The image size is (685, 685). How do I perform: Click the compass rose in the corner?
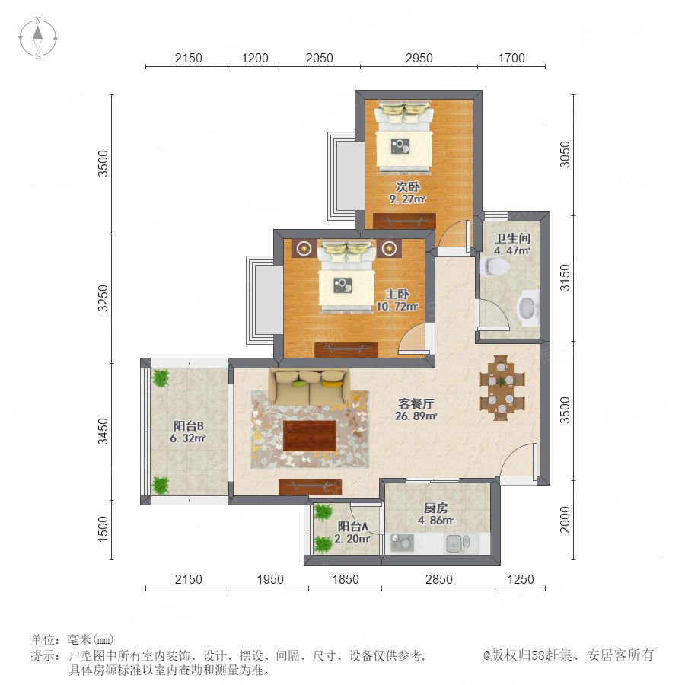click(x=38, y=37)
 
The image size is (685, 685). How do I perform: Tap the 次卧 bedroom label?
click(x=408, y=186)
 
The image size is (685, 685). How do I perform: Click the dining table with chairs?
click(x=502, y=388)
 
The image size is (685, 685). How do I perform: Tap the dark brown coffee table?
click(x=309, y=435)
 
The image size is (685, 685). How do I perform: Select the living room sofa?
click(x=309, y=387)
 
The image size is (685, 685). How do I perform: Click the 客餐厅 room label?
click(x=416, y=403)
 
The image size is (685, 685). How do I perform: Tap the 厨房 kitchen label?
click(x=435, y=508)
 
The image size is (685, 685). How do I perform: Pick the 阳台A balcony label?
click(x=352, y=527)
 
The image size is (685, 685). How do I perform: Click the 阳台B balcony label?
click(x=188, y=426)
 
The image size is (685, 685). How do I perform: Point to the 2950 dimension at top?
click(x=419, y=58)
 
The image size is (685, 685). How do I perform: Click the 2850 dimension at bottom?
click(x=439, y=579)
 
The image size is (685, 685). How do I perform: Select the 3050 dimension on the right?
click(x=566, y=155)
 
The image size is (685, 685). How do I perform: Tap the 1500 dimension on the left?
click(x=103, y=529)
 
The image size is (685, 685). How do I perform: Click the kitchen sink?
click(x=457, y=543)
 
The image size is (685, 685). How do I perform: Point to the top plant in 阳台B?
click(x=161, y=378)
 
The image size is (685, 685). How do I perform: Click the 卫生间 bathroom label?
click(x=512, y=238)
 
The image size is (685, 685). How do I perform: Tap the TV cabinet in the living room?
click(x=311, y=487)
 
